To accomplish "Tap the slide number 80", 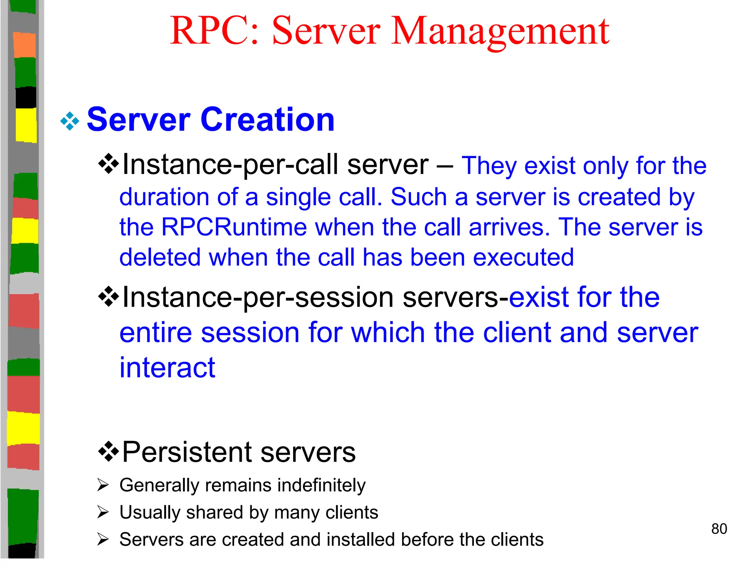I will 719,529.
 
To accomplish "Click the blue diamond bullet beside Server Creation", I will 70,121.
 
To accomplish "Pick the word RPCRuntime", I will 234,227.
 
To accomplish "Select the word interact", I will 167,368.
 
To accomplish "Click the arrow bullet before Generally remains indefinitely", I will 103,485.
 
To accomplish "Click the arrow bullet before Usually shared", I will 103,512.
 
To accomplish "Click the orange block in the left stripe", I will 25,45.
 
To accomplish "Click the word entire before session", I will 156,333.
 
